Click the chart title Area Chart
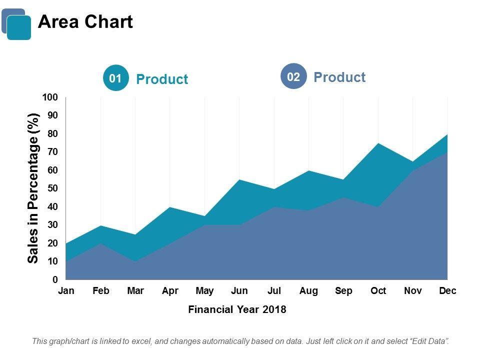click(85, 22)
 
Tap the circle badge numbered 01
click(115, 78)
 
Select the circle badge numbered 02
click(293, 76)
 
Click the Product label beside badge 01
click(162, 79)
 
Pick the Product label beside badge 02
click(339, 77)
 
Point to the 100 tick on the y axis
click(50, 97)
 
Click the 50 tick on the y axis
click(52, 188)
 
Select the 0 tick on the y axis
click(55, 279)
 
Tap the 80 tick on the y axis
click(52, 133)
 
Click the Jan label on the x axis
click(66, 291)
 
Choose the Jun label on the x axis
click(239, 291)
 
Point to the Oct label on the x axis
click(378, 291)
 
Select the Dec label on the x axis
click(447, 291)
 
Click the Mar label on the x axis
click(135, 291)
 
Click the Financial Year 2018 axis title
click(237, 309)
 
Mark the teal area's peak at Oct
click(378, 144)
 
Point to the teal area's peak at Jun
click(239, 180)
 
